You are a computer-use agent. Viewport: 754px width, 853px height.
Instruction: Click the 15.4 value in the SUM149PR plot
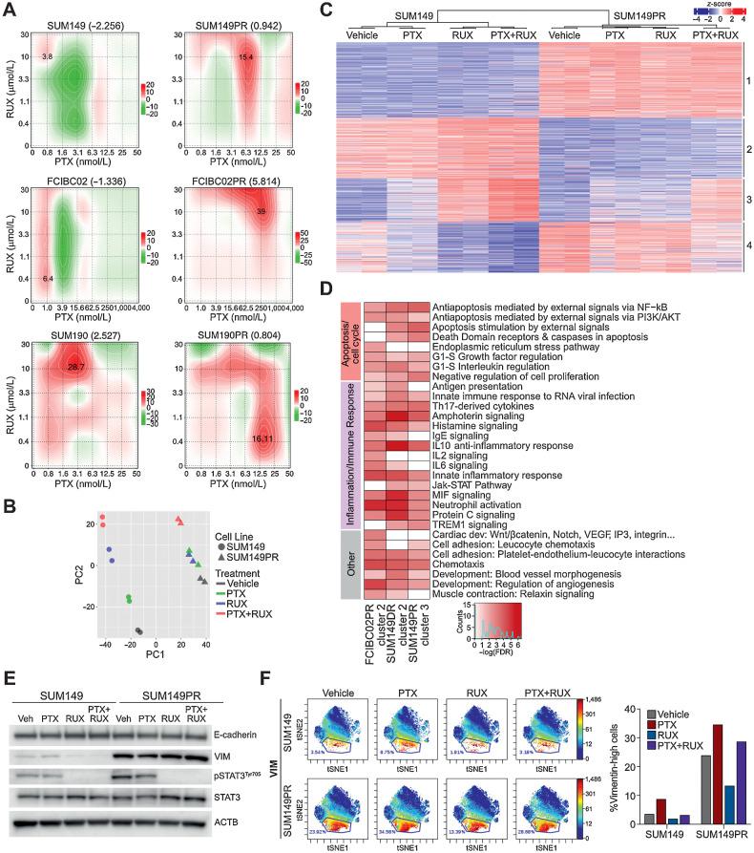(245, 57)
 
